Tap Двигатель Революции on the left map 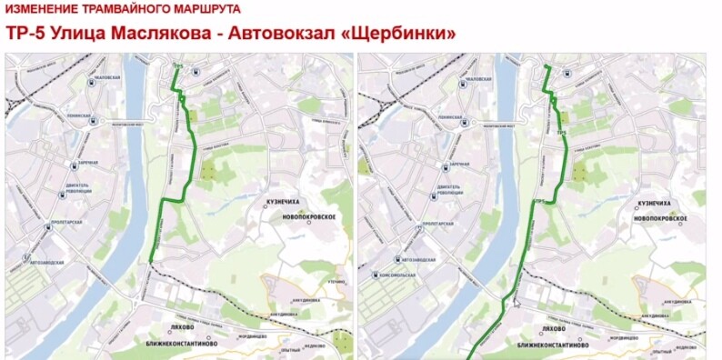tap(87, 189)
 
